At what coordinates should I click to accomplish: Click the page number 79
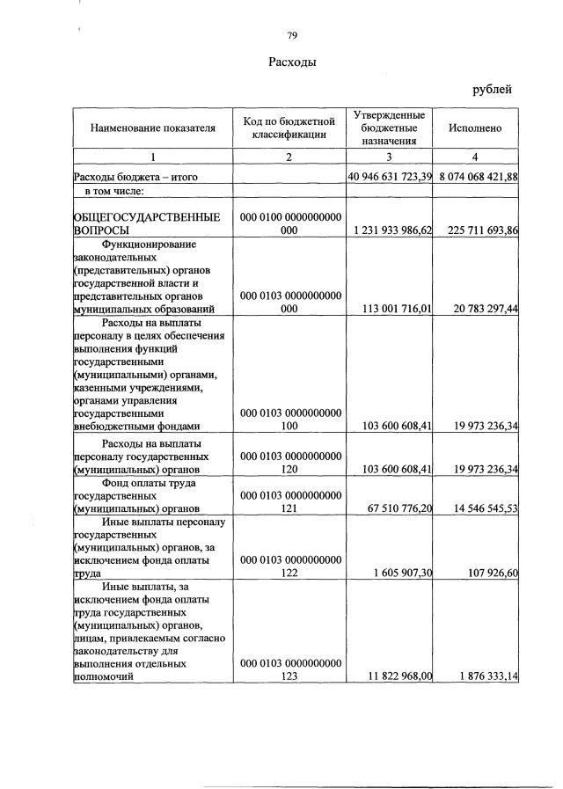click(x=292, y=35)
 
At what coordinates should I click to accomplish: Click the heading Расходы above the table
click(x=292, y=63)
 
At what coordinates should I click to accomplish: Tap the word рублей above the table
click(x=492, y=89)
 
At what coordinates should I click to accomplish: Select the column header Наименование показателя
click(x=152, y=128)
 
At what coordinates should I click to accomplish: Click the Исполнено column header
click(x=475, y=128)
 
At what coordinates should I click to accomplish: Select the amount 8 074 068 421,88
click(x=476, y=177)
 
